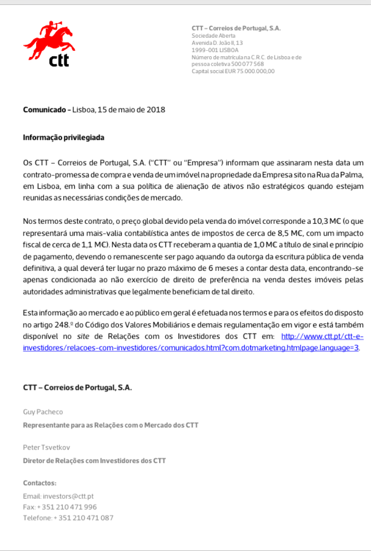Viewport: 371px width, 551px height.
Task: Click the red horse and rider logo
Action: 46,40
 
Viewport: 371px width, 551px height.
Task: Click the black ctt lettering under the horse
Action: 59,60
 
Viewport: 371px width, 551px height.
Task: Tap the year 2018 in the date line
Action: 156,110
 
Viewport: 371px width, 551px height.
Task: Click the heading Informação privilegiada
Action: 64,137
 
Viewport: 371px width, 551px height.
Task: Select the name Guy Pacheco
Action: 43,412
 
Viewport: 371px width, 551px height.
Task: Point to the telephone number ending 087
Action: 83,518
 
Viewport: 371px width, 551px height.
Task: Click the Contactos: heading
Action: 40,483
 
